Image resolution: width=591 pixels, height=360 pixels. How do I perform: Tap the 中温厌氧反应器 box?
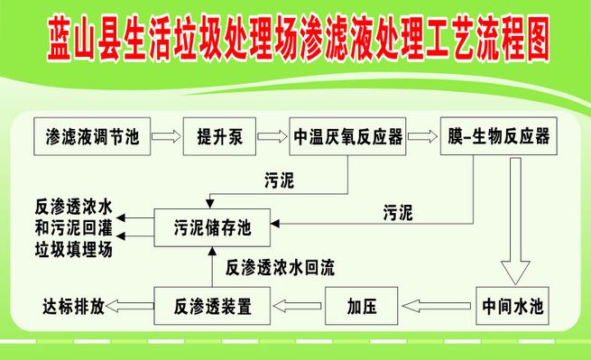pyautogui.click(x=346, y=137)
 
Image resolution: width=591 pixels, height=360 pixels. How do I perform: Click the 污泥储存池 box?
pyautogui.click(x=212, y=227)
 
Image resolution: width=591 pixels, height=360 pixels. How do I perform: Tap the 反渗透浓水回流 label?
pyautogui.click(x=279, y=267)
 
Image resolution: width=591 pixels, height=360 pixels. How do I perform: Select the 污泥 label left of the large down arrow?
pyautogui.click(x=398, y=213)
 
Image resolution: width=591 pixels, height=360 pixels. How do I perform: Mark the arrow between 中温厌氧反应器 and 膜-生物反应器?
pyautogui.click(x=419, y=137)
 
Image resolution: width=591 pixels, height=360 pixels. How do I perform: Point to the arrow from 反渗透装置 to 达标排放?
pyautogui.click(x=130, y=304)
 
